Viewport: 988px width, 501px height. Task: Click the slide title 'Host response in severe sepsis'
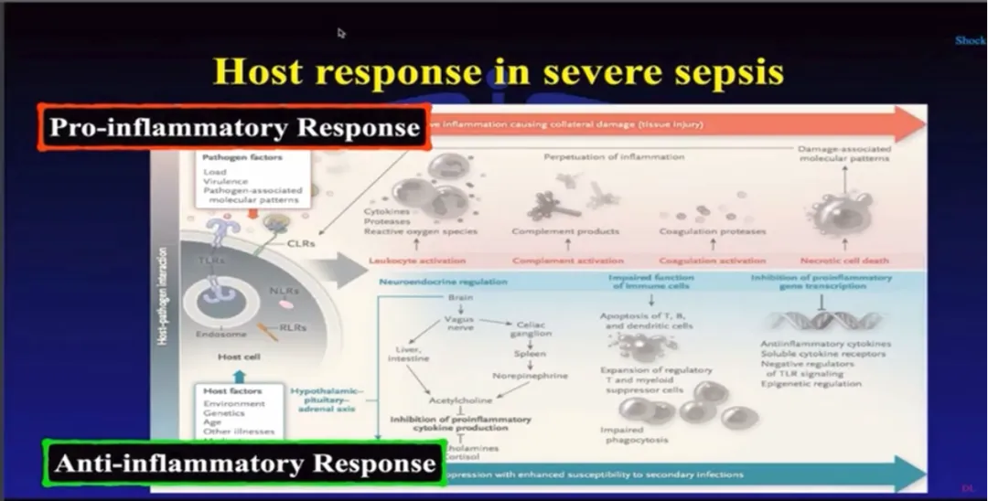[x=499, y=70]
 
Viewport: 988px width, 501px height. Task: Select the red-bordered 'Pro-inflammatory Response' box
[x=234, y=128]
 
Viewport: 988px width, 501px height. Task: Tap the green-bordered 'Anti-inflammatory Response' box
[x=244, y=463]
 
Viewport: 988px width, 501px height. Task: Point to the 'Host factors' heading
[x=235, y=390]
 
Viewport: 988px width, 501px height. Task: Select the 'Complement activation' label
[x=567, y=261]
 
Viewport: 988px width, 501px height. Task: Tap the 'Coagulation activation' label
[x=712, y=261]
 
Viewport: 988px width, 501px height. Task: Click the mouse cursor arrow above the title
[x=341, y=33]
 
